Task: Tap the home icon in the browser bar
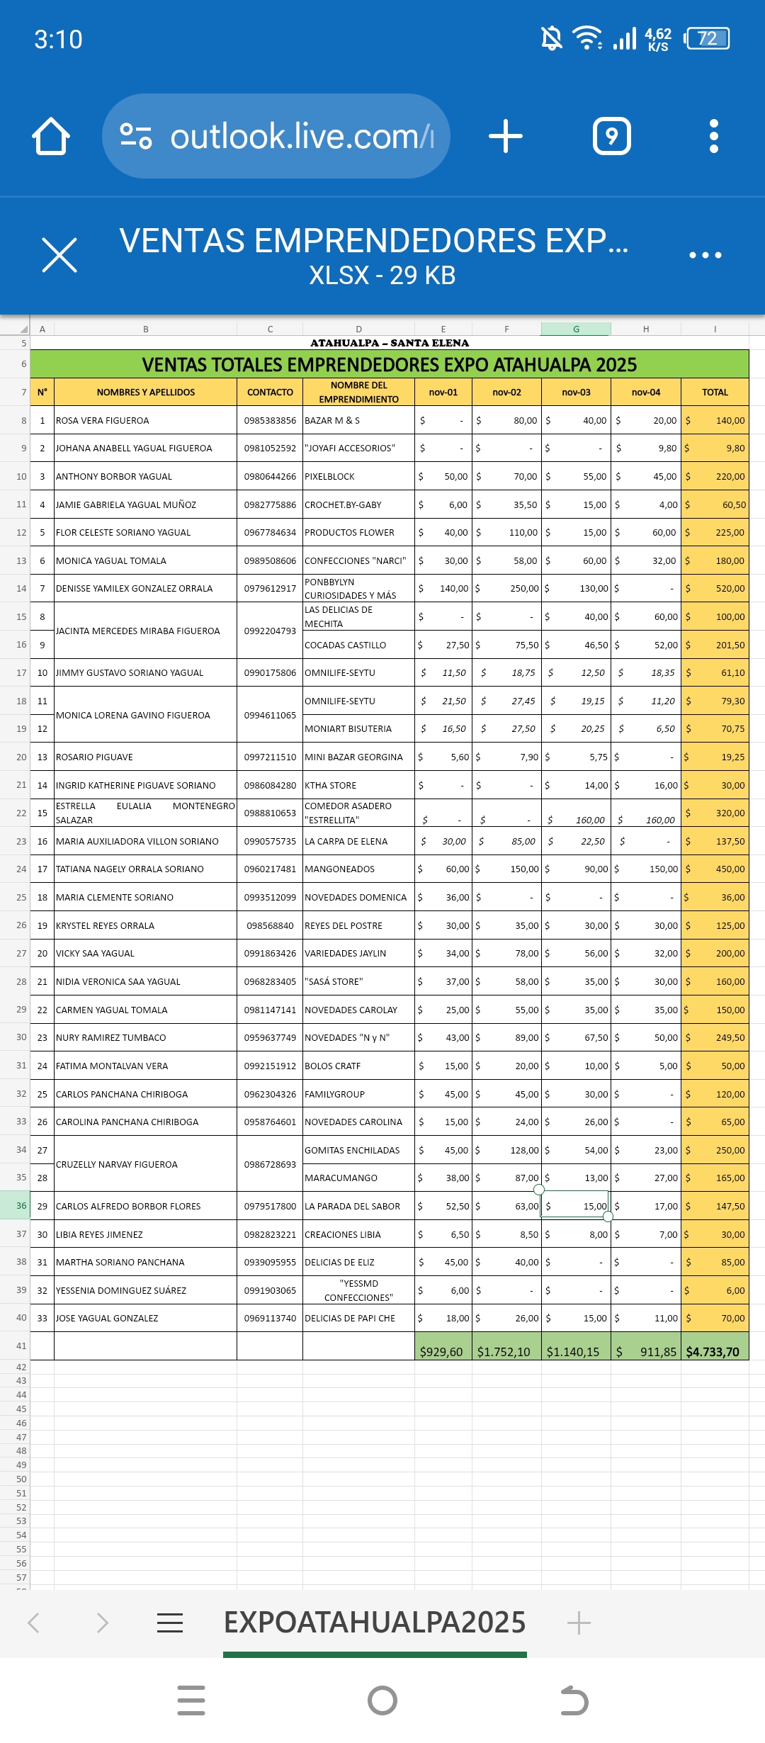[x=51, y=136]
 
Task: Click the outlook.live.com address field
[x=276, y=136]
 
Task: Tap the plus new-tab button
[x=506, y=136]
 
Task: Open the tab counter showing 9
[x=611, y=136]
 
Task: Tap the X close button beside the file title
[x=59, y=255]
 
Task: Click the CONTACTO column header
[x=270, y=392]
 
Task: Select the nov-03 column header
[x=576, y=392]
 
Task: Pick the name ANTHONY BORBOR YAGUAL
[x=114, y=476]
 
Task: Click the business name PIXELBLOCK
[x=330, y=476]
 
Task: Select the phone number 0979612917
[x=270, y=588]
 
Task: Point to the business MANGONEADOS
[x=340, y=869]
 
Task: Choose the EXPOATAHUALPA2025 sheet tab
[x=375, y=1622]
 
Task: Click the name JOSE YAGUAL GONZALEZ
[x=107, y=1318]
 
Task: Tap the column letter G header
[x=576, y=329]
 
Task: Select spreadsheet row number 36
[x=21, y=1205]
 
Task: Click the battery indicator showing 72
[x=707, y=38]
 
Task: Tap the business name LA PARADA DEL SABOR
[x=353, y=1206]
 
